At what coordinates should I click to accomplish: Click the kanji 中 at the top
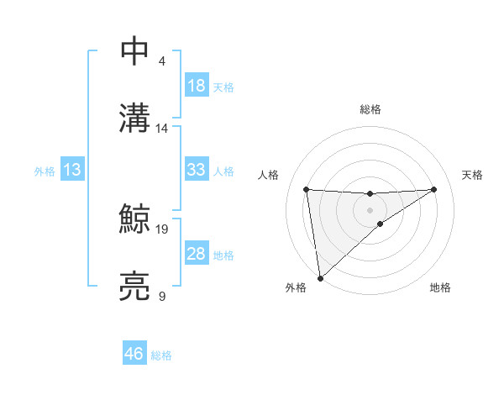tap(135, 51)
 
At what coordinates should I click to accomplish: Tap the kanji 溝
tap(135, 118)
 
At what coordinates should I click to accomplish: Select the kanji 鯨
tap(135, 219)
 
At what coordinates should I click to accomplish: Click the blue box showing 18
tap(196, 86)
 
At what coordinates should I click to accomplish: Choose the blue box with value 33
tap(196, 170)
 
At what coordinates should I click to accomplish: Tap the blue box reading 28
tap(196, 254)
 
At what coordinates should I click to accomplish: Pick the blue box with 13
tap(71, 170)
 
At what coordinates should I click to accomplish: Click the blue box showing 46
tap(134, 354)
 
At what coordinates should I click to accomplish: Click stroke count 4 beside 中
tap(162, 61)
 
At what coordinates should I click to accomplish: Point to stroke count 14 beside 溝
tap(162, 129)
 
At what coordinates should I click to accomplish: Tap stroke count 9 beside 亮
tap(162, 296)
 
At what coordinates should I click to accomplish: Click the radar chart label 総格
tap(370, 109)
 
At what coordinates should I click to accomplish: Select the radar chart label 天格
tap(472, 175)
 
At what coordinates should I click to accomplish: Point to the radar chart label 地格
tap(440, 287)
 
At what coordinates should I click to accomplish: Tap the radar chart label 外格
tap(296, 287)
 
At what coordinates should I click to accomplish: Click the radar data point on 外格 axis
tap(319, 277)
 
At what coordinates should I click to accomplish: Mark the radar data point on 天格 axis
tap(434, 189)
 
